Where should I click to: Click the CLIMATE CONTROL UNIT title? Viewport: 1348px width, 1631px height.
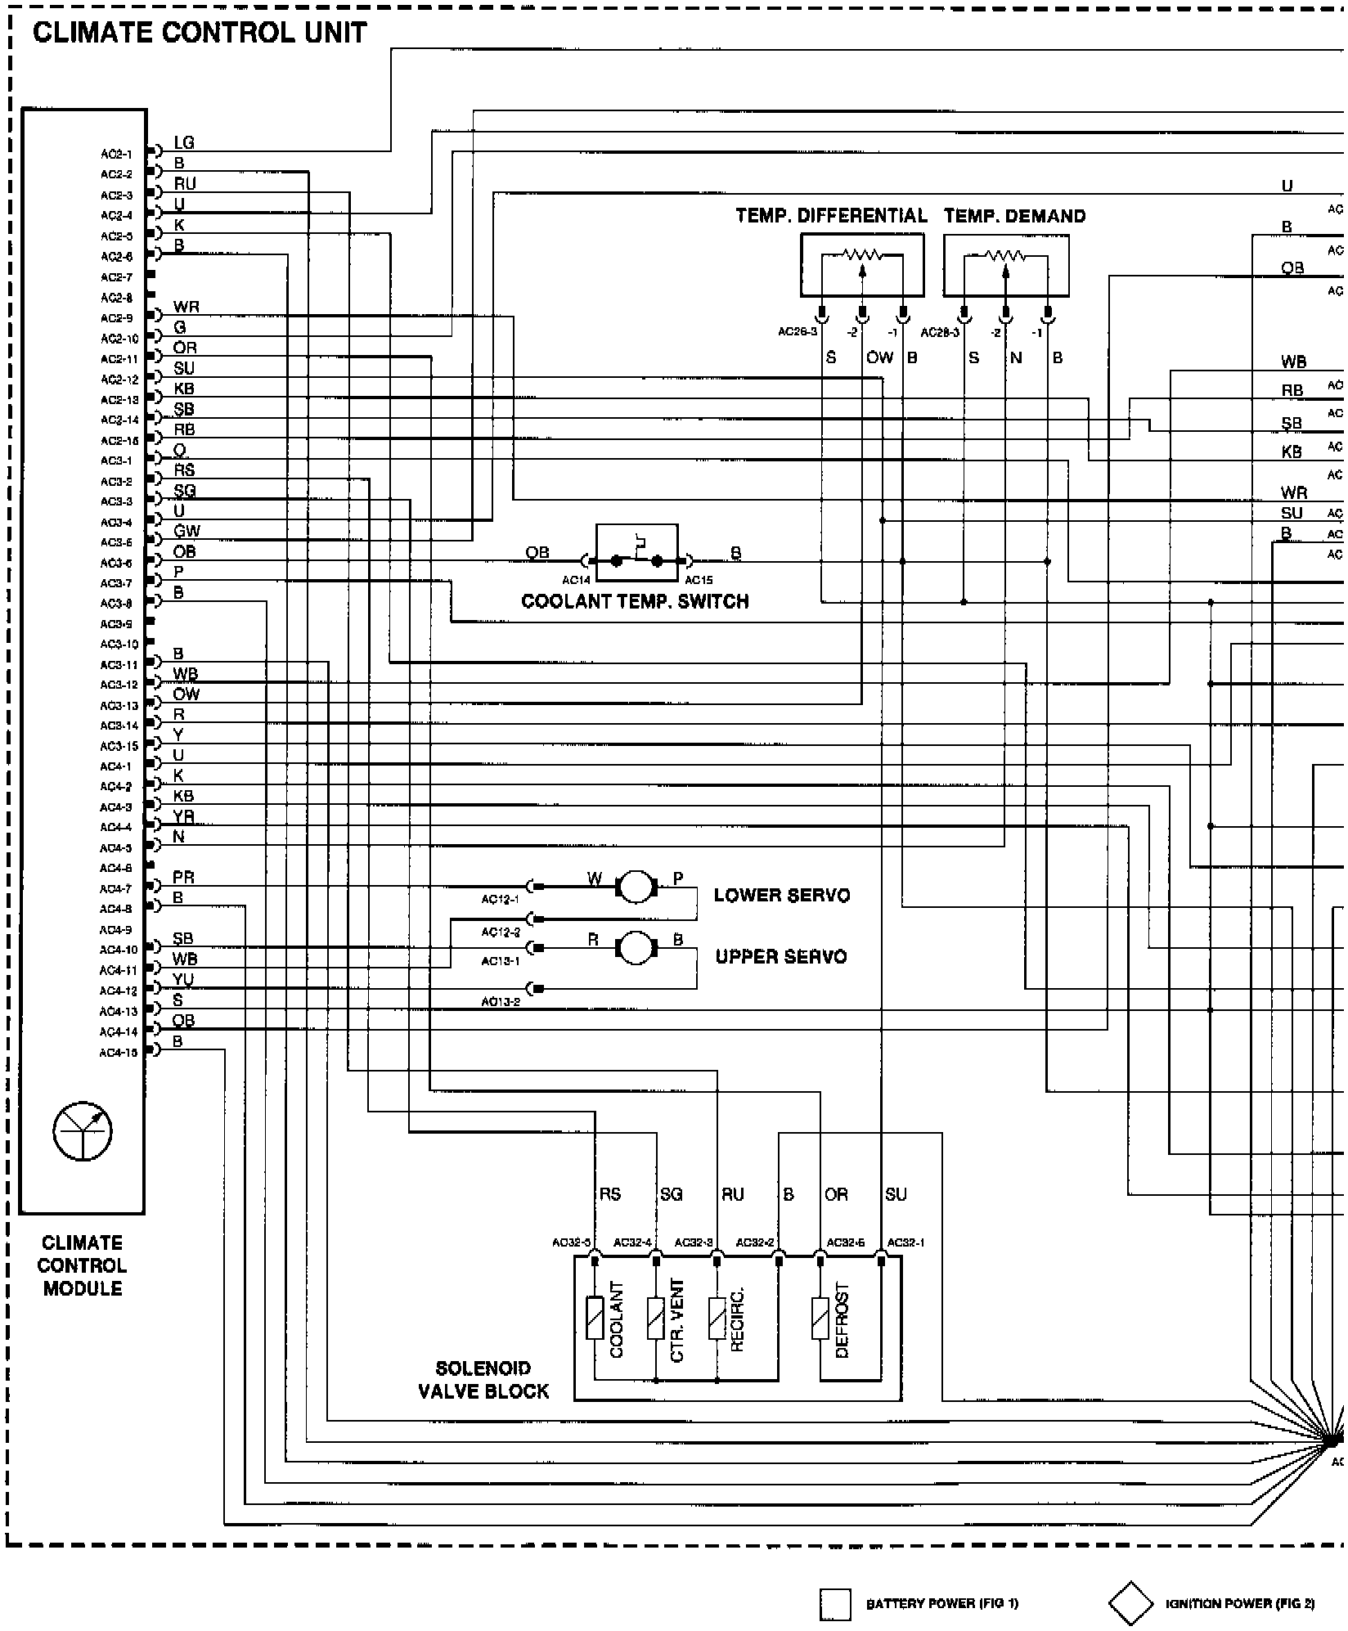click(x=200, y=33)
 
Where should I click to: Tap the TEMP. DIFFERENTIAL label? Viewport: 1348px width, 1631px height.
click(x=831, y=216)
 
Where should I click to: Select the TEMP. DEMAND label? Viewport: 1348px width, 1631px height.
click(x=1014, y=216)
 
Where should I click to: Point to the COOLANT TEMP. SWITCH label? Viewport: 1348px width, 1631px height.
click(x=635, y=602)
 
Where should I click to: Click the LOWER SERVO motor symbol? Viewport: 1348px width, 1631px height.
click(x=636, y=886)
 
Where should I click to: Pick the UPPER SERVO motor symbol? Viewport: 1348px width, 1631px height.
click(x=636, y=947)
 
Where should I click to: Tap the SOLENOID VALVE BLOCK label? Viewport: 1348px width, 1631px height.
click(x=483, y=1380)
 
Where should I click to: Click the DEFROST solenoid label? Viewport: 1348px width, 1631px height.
click(x=842, y=1320)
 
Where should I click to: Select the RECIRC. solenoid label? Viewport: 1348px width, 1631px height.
click(x=737, y=1319)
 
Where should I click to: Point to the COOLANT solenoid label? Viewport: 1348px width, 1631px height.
click(x=617, y=1319)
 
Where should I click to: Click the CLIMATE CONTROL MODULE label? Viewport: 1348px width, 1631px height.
click(x=82, y=1265)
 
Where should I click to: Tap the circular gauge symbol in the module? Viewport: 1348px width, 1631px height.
click(x=83, y=1131)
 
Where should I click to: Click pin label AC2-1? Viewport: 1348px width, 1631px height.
click(x=116, y=154)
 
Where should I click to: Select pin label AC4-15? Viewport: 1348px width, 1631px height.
click(x=118, y=1053)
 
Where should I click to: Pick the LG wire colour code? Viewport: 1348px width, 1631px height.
click(x=184, y=142)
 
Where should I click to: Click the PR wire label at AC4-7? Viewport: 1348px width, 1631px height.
click(x=183, y=878)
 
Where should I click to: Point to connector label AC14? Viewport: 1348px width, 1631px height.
click(x=576, y=580)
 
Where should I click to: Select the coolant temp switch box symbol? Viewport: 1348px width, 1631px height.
click(x=636, y=552)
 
